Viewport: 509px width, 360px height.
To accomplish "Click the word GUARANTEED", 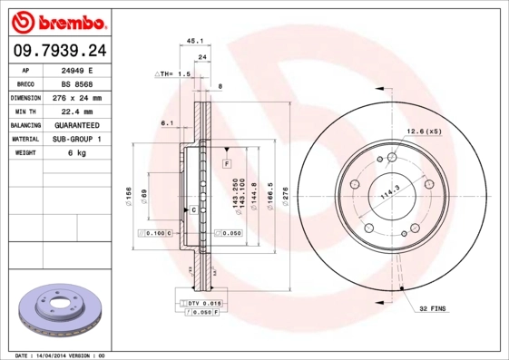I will [x=76, y=125].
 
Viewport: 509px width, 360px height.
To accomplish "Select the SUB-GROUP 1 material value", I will [x=76, y=140].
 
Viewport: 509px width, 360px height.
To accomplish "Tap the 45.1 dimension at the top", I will [x=193, y=41].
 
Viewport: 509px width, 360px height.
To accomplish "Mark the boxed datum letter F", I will [x=227, y=162].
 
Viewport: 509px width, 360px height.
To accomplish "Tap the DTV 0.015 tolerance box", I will [x=202, y=302].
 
